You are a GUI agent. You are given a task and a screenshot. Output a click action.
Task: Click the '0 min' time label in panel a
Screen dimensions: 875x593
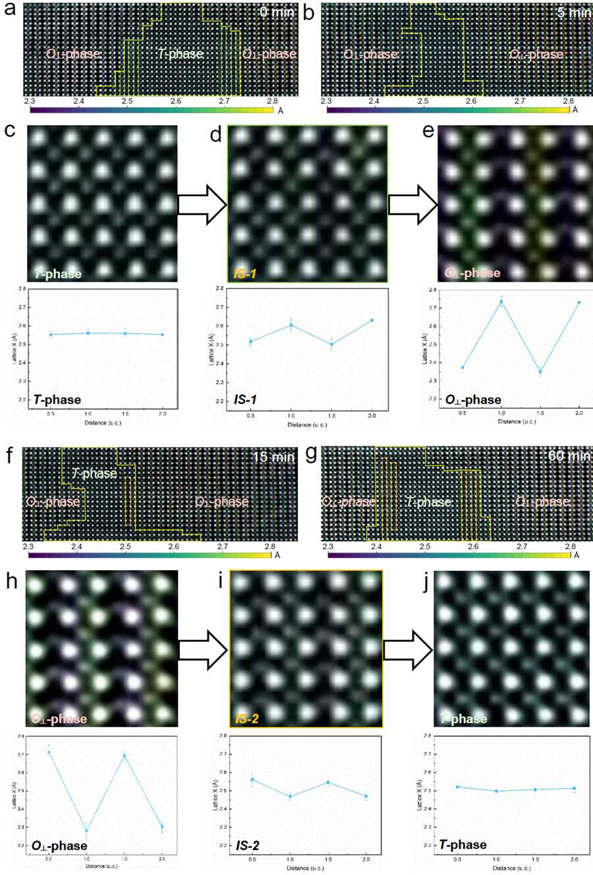[277, 12]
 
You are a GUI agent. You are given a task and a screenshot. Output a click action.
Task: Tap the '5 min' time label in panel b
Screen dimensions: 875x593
[574, 13]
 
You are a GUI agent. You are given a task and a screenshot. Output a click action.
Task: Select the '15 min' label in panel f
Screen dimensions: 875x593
[273, 456]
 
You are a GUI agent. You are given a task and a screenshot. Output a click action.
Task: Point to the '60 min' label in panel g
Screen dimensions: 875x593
[569, 456]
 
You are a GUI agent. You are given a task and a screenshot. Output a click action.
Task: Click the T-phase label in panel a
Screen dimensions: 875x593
[181, 53]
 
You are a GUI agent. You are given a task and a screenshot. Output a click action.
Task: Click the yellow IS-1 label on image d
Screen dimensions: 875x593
[245, 273]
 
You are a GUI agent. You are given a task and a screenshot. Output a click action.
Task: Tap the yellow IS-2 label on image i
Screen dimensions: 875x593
[247, 718]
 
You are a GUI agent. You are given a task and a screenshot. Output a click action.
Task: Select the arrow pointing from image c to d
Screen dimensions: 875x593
[202, 204]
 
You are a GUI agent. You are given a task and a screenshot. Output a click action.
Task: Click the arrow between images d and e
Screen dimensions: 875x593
[412, 204]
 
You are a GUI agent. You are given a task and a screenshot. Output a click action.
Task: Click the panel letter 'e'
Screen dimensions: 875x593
[428, 130]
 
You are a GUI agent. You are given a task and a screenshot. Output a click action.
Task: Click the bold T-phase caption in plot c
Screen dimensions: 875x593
[57, 400]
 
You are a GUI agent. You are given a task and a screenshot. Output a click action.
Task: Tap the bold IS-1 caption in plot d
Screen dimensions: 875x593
[245, 400]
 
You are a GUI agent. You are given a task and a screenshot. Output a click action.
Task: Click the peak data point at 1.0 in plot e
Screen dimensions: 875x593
[501, 302]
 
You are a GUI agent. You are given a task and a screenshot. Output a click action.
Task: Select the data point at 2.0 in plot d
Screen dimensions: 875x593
[372, 321]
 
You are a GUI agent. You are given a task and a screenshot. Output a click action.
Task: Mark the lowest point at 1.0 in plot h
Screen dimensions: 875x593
[86, 830]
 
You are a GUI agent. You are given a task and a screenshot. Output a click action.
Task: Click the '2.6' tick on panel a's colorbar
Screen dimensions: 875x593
[175, 101]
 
